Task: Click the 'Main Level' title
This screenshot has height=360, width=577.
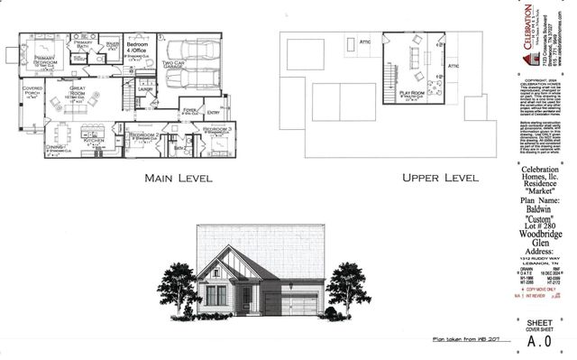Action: tap(178, 178)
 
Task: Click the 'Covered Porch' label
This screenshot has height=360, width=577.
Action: tap(33, 91)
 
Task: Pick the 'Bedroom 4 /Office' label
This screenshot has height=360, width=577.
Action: tap(137, 47)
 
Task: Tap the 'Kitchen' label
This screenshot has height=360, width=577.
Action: tap(95, 142)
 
